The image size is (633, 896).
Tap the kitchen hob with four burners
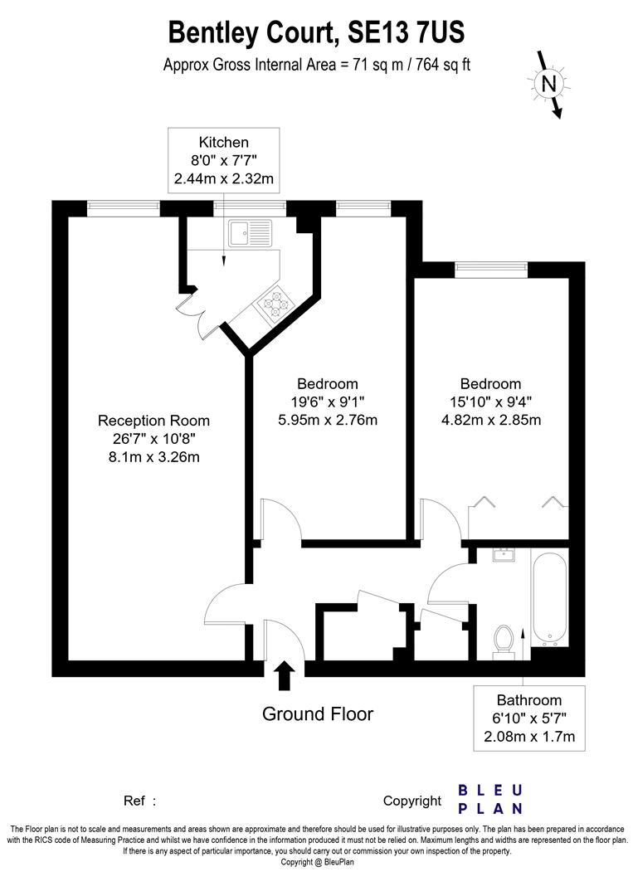point(275,304)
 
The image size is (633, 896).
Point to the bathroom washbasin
point(503,555)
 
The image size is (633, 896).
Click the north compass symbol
point(548,83)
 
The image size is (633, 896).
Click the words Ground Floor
point(318,713)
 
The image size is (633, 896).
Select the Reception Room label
point(153,421)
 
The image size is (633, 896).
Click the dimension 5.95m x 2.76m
point(328,420)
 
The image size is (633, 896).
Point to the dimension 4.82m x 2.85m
point(491,420)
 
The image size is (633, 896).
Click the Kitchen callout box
point(223,160)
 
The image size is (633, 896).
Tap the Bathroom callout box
point(529,718)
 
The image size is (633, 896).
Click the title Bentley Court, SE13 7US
point(316,33)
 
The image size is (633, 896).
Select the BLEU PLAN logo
point(491,799)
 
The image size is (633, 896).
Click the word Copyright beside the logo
point(412,801)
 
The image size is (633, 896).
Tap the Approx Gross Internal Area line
point(316,65)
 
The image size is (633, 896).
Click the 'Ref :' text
point(139,801)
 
